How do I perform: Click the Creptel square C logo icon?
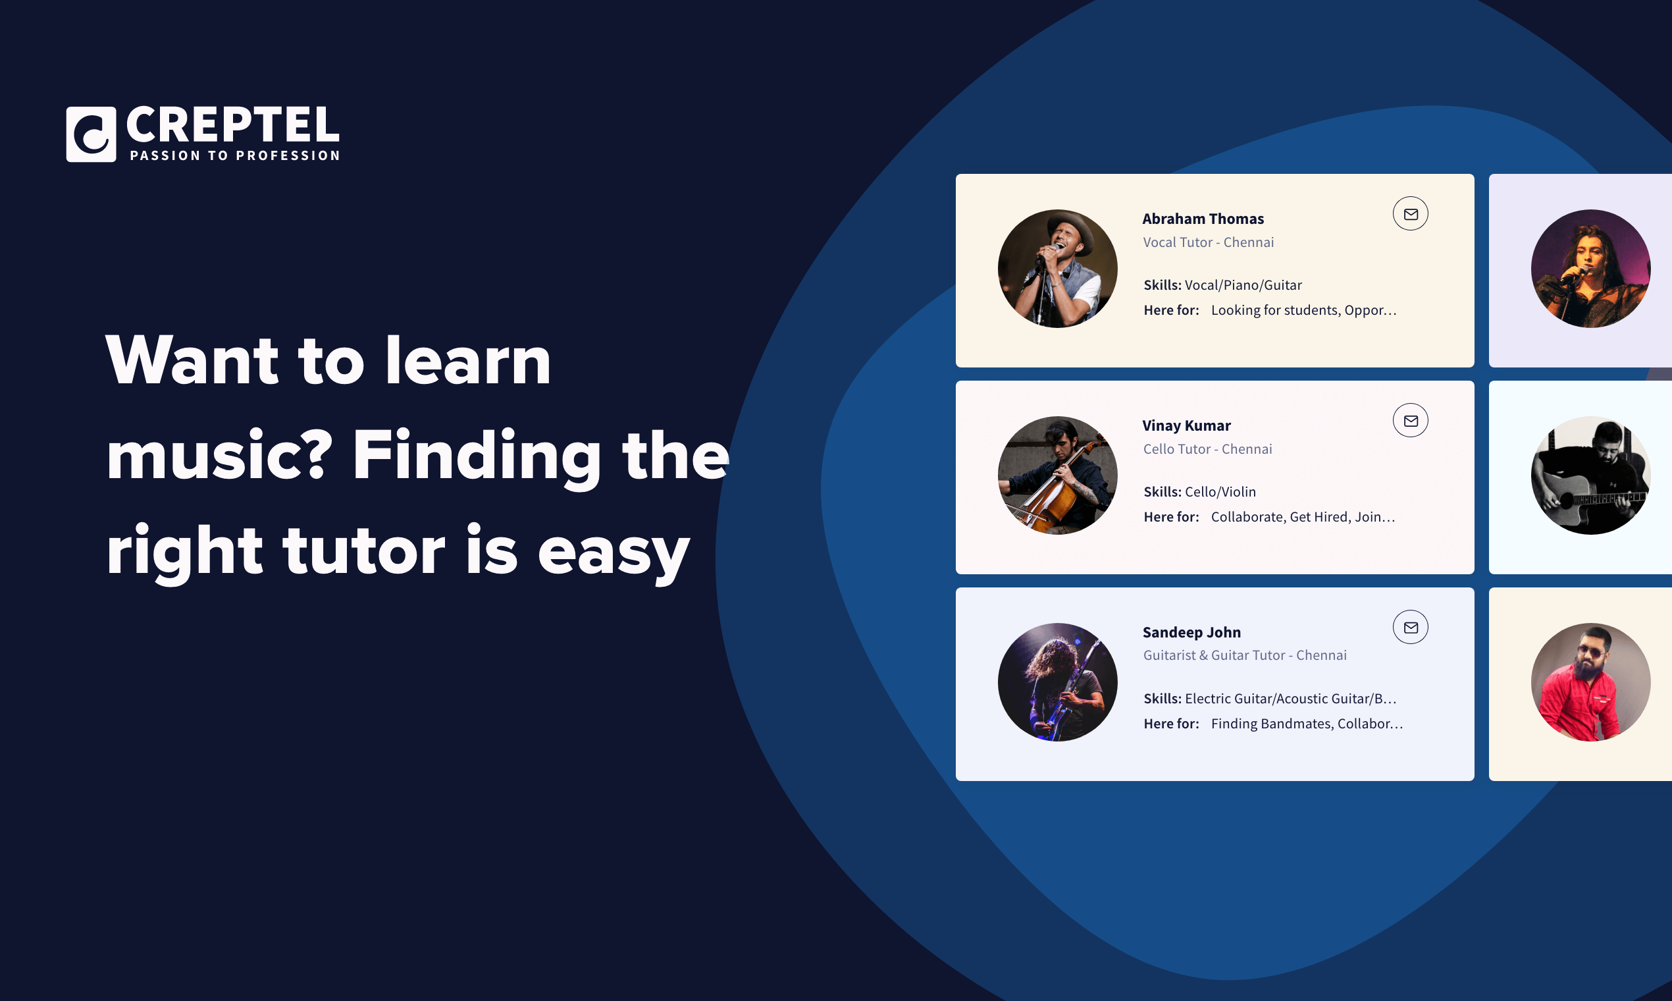pyautogui.click(x=91, y=134)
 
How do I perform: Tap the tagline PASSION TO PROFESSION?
pyautogui.click(x=235, y=156)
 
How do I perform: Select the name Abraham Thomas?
pyautogui.click(x=1203, y=219)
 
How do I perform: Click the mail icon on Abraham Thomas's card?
pyautogui.click(x=1411, y=214)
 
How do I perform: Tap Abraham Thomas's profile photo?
pyautogui.click(x=1057, y=269)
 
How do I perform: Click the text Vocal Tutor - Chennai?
pyautogui.click(x=1208, y=242)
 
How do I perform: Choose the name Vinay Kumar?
pyautogui.click(x=1187, y=425)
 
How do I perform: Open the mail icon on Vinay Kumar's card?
pyautogui.click(x=1411, y=421)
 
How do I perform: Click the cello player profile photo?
pyautogui.click(x=1057, y=475)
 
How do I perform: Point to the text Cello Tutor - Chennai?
pyautogui.click(x=1207, y=449)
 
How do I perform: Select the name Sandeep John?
pyautogui.click(x=1191, y=633)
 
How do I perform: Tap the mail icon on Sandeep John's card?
pyautogui.click(x=1411, y=628)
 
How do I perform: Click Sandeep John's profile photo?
pyautogui.click(x=1057, y=682)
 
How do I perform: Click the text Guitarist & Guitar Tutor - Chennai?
pyautogui.click(x=1245, y=655)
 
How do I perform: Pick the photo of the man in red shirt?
pyautogui.click(x=1590, y=682)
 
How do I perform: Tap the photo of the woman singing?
pyautogui.click(x=1590, y=269)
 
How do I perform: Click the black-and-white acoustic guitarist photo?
pyautogui.click(x=1590, y=475)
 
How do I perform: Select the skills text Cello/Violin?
pyautogui.click(x=1220, y=492)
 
